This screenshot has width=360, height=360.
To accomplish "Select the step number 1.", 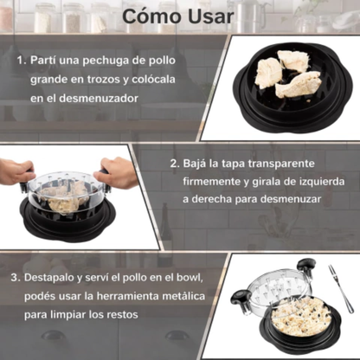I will (20, 62).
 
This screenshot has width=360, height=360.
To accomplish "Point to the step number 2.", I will (174, 163).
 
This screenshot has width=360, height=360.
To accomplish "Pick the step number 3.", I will (16, 279).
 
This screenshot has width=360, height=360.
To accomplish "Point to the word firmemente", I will (216, 181).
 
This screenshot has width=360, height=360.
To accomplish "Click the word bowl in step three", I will (190, 279).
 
